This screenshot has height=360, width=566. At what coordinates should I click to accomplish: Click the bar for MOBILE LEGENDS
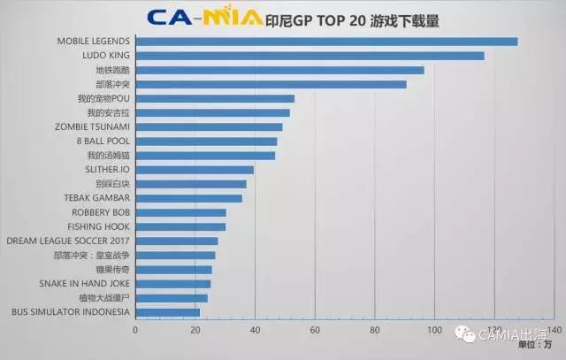click(x=326, y=42)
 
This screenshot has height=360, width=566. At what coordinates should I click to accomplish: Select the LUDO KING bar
click(x=310, y=56)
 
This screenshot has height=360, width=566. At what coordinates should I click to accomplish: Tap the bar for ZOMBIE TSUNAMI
click(x=209, y=126)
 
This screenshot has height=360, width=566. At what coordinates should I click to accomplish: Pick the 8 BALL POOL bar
click(x=206, y=141)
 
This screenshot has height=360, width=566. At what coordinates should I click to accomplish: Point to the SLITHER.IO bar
click(x=195, y=169)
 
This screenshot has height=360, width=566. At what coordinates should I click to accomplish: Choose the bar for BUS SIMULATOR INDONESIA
click(x=167, y=312)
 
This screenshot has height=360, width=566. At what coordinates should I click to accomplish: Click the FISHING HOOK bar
click(x=180, y=226)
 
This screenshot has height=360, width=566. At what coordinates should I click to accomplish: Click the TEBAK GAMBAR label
click(x=97, y=198)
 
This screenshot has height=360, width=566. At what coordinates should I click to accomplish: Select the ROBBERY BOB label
click(x=101, y=212)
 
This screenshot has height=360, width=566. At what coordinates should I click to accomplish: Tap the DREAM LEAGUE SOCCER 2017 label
click(x=68, y=241)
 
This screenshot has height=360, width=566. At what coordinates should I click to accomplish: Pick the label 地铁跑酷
click(x=112, y=70)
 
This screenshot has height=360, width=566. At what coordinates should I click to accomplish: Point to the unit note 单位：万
click(x=536, y=343)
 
